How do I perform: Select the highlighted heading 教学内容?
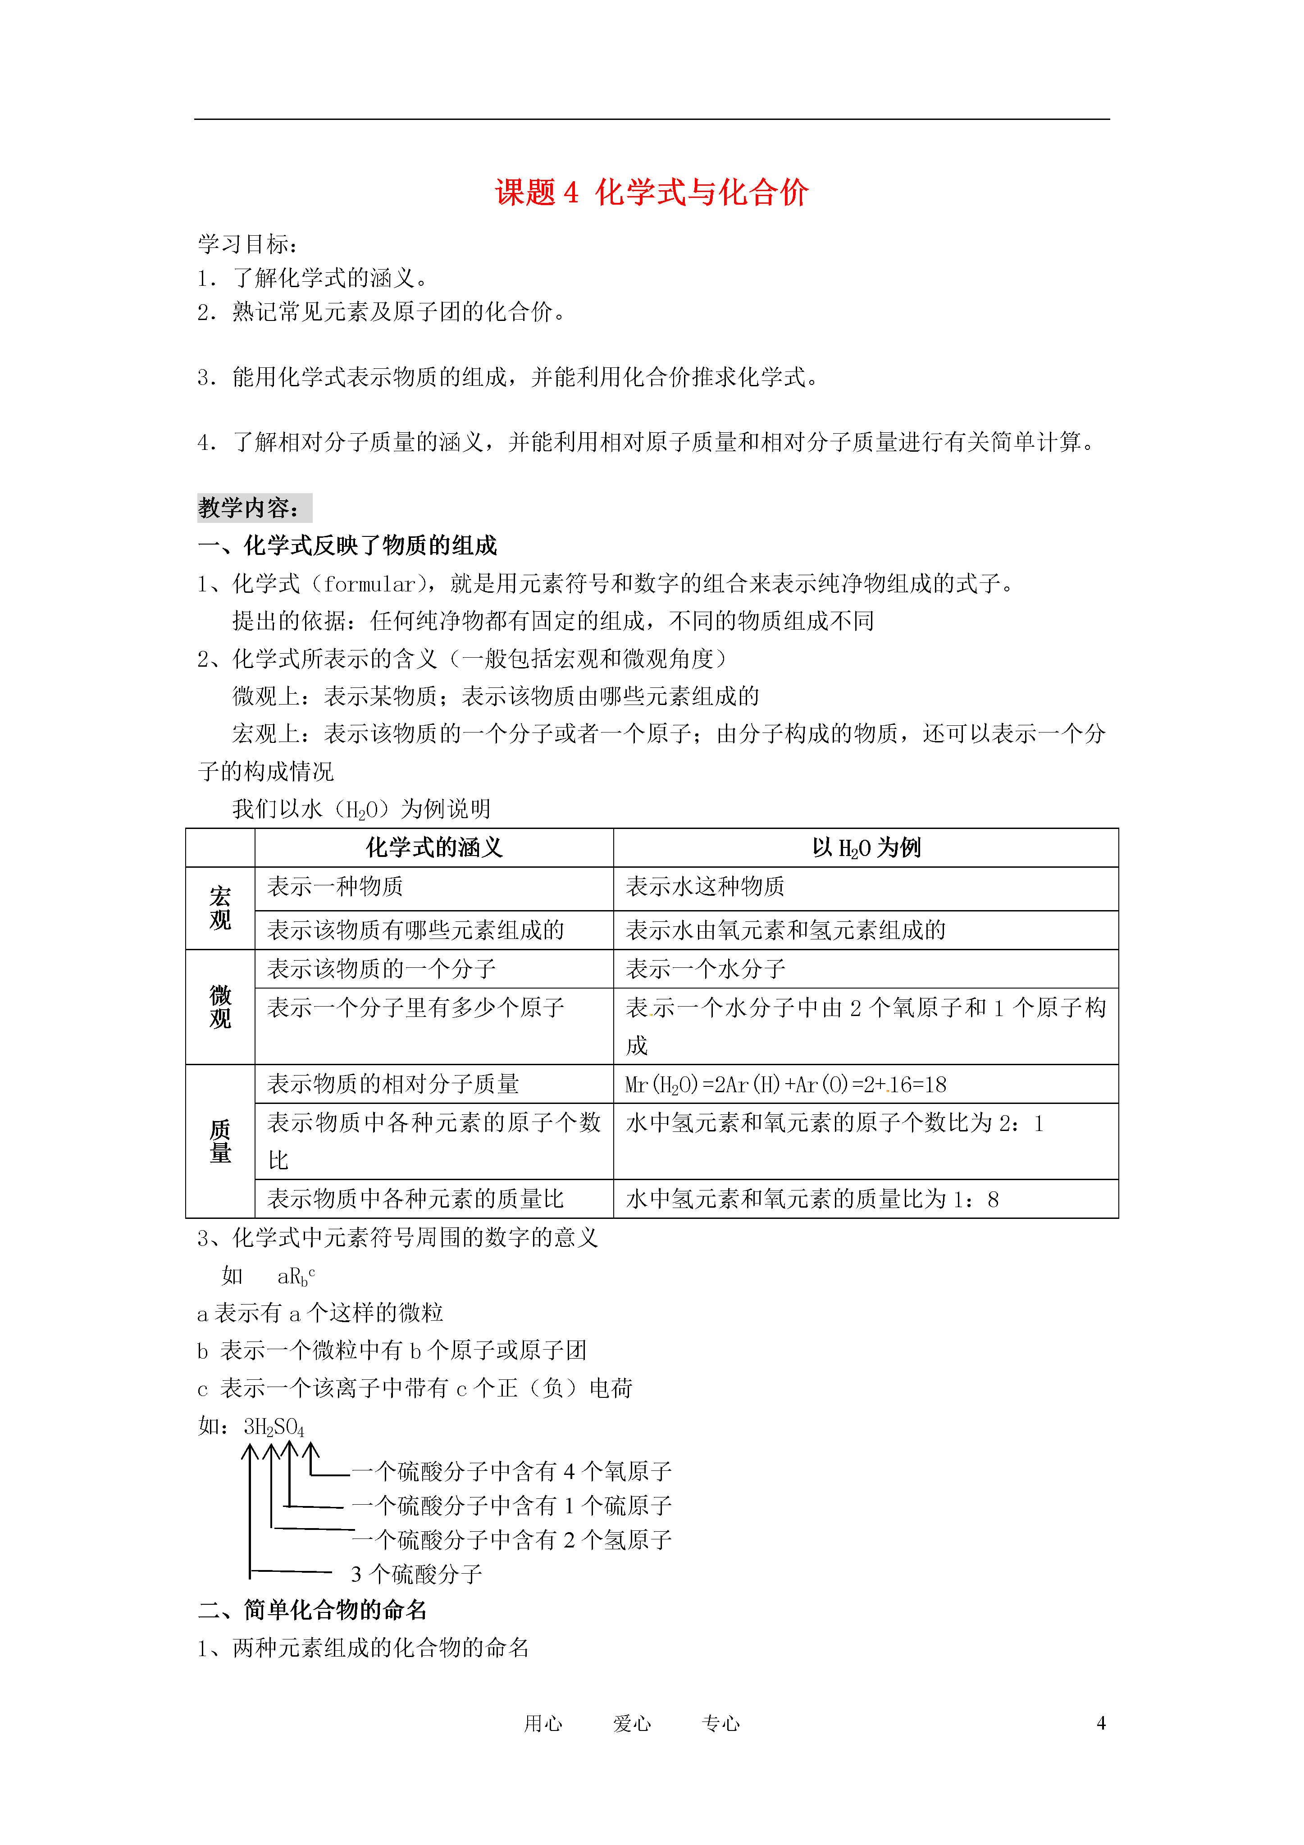point(253,508)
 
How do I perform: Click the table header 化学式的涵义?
point(434,848)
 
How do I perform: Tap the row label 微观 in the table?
point(220,1007)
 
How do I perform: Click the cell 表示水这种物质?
point(705,887)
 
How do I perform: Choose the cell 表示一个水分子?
point(705,969)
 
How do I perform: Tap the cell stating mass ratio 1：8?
point(812,1200)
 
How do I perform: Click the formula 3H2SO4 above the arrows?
point(273,1427)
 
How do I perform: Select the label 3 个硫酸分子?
point(416,1574)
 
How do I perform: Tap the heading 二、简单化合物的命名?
point(313,1610)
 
